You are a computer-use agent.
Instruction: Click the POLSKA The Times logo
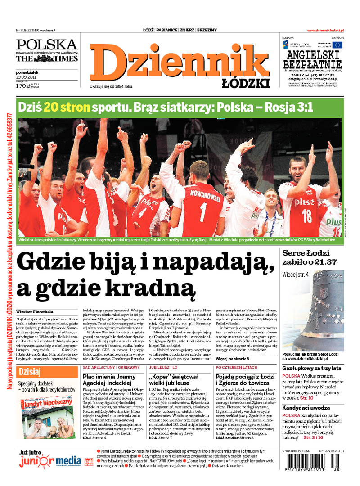pos(47,51)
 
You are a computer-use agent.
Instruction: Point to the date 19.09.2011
pos(26,76)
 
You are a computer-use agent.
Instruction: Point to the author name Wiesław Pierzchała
pos(35,311)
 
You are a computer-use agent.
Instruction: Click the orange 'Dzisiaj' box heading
pos(31,372)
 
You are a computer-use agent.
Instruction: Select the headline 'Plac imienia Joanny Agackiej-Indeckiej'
pos(109,379)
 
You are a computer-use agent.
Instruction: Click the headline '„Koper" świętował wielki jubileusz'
pos(174,379)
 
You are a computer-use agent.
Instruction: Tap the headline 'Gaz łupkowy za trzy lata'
pos(311,368)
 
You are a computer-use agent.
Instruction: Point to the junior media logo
pos(50,461)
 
